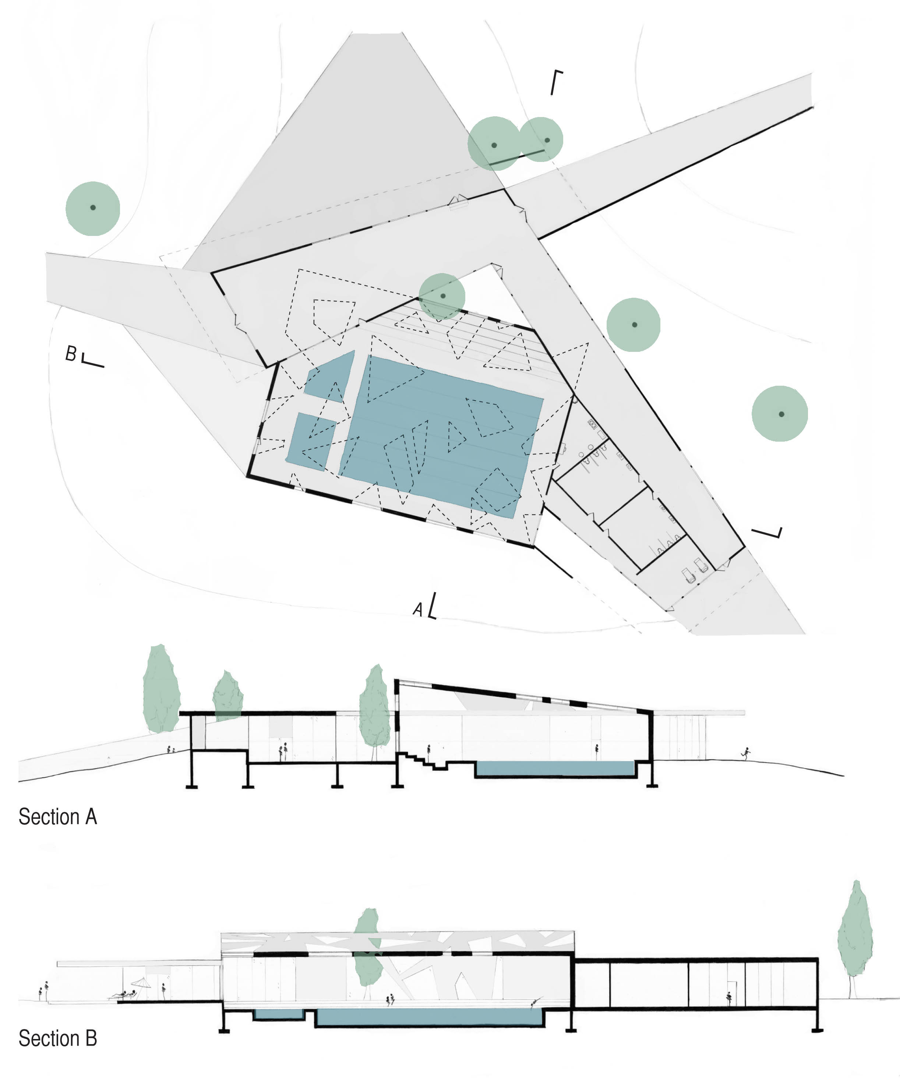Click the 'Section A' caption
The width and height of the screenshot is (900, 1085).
tap(58, 817)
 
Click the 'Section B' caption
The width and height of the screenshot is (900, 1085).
tap(58, 1039)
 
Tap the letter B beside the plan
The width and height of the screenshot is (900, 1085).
tap(71, 354)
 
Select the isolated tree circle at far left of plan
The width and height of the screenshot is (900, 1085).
tap(93, 208)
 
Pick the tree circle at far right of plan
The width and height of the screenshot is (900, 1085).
tap(780, 414)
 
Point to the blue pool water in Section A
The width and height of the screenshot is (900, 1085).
tap(554, 768)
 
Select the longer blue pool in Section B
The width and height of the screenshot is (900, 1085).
tap(429, 1017)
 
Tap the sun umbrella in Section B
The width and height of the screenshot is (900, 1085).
tap(141, 983)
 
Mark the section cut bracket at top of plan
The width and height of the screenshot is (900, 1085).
tap(555, 82)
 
